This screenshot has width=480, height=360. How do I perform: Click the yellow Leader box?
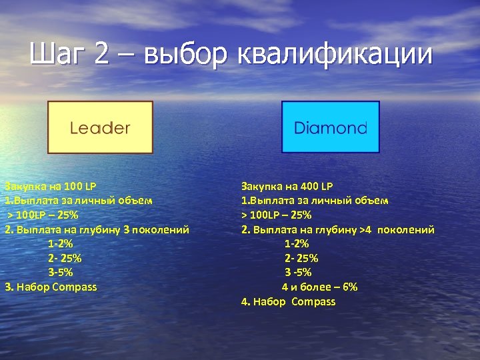(100, 127)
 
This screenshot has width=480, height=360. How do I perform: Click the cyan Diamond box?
(331, 127)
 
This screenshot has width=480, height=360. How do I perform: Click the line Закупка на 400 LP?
(287, 186)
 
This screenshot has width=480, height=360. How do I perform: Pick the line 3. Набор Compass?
(51, 287)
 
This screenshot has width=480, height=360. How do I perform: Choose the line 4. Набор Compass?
(289, 301)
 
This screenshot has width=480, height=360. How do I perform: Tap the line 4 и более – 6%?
(319, 287)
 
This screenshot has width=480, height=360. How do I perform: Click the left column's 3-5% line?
(61, 272)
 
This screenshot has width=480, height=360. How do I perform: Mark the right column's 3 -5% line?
(298, 272)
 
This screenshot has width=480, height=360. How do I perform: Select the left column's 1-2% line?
(61, 243)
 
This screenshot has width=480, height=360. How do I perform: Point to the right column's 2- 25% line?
(301, 258)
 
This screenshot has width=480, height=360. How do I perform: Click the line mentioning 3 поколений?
(97, 229)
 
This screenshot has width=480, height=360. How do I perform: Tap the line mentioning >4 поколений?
(338, 229)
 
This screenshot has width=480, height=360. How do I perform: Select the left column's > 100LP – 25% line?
(43, 215)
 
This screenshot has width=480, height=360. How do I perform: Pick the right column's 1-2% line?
(297, 243)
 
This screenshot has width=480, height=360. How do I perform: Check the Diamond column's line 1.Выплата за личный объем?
(315, 200)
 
